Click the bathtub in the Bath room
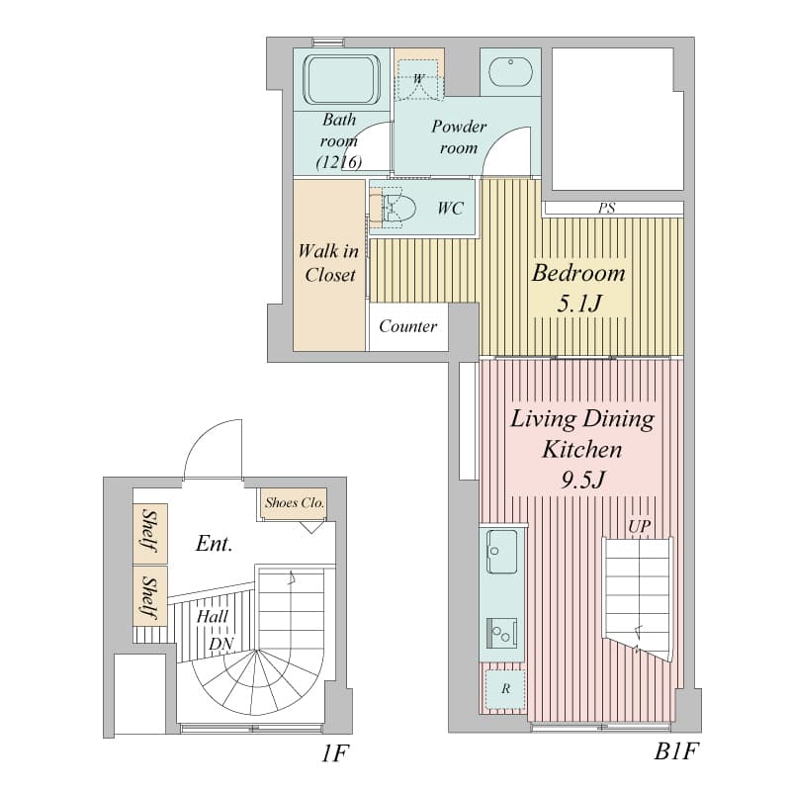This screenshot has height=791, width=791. point(341,80)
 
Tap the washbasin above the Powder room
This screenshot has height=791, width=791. point(510,71)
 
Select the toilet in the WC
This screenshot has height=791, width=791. point(393,208)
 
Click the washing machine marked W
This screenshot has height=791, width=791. point(418,79)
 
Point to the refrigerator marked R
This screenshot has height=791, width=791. point(505,689)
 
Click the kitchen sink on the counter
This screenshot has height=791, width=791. point(501,552)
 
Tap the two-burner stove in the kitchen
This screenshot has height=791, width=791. point(501,633)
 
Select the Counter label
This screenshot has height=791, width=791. point(408,326)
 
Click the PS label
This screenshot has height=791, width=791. point(607,208)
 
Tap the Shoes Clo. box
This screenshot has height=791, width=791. point(294,504)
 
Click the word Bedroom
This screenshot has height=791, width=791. point(578,273)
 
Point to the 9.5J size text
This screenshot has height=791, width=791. point(582,480)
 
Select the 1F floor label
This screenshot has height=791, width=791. point(335,753)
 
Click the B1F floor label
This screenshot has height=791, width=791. point(677,751)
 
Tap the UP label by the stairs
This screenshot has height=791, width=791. point(639,527)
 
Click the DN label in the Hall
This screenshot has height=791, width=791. point(221,644)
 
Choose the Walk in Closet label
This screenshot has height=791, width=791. point(329,263)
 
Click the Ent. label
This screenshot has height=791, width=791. point(214,543)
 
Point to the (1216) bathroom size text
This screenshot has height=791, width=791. point(339,162)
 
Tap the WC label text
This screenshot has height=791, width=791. point(450,208)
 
